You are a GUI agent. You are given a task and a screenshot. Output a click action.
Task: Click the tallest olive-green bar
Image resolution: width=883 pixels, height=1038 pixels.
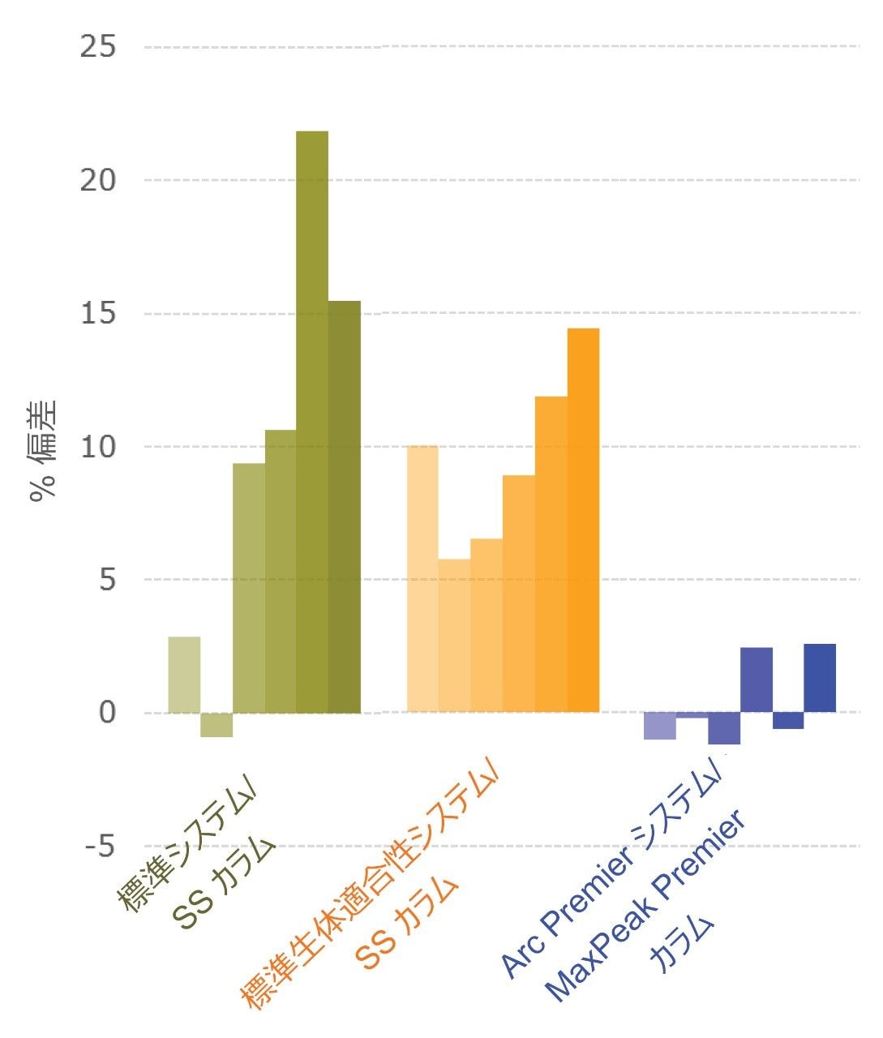[312, 422]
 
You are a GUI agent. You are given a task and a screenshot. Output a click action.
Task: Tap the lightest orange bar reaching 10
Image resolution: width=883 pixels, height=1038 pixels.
[422, 579]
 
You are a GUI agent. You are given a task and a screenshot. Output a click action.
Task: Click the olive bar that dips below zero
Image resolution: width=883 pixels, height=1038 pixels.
[216, 725]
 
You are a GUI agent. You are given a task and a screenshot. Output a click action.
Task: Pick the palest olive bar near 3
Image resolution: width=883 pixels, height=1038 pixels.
[184, 675]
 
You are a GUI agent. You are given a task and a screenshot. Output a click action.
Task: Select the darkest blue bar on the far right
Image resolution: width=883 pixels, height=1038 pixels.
[819, 678]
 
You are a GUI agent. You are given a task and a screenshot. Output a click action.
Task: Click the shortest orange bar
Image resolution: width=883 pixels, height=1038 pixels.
[454, 636]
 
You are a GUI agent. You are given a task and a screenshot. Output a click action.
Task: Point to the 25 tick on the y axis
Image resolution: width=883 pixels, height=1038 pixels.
[98, 46]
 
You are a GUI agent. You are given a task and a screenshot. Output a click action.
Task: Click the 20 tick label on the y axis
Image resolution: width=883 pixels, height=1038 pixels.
[98, 180]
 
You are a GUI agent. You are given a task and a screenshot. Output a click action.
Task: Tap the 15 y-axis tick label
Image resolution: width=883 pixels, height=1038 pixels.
[98, 314]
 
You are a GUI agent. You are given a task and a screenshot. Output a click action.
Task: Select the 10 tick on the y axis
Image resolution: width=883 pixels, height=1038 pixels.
[98, 447]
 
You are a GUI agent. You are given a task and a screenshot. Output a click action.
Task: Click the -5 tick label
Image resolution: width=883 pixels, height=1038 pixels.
[100, 847]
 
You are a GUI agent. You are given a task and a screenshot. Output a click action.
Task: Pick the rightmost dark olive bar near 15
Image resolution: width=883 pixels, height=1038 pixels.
[344, 507]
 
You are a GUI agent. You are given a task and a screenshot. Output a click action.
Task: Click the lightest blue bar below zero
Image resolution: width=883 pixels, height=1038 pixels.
[659, 726]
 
